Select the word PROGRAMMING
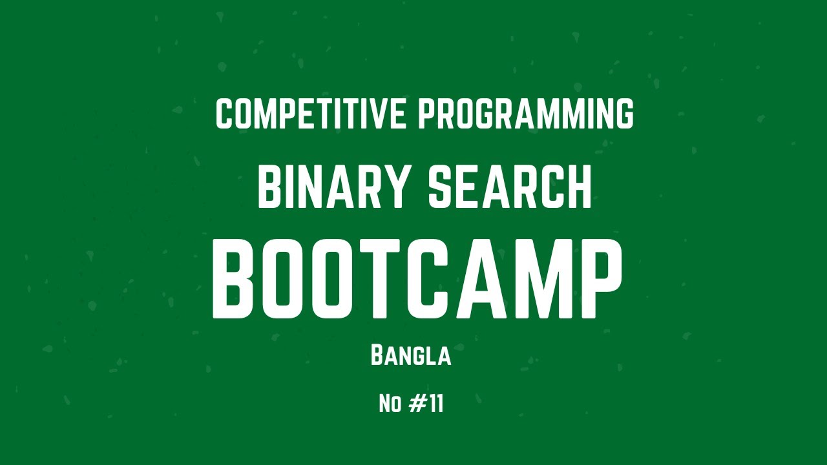pyautogui.click(x=525, y=114)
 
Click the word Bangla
pyautogui.click(x=411, y=356)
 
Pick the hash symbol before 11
pyautogui.click(x=418, y=404)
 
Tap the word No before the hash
pyautogui.click(x=390, y=404)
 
